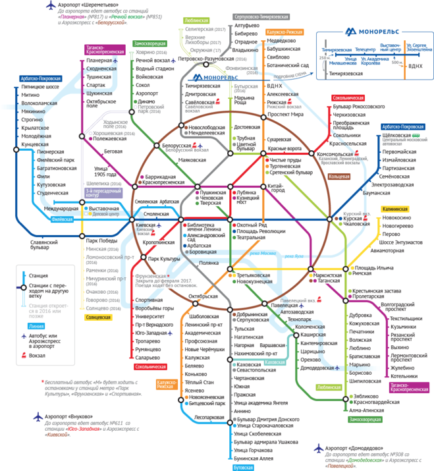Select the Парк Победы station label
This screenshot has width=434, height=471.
(x=101, y=240)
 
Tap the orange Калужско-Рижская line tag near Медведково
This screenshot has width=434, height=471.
(x=285, y=31)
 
